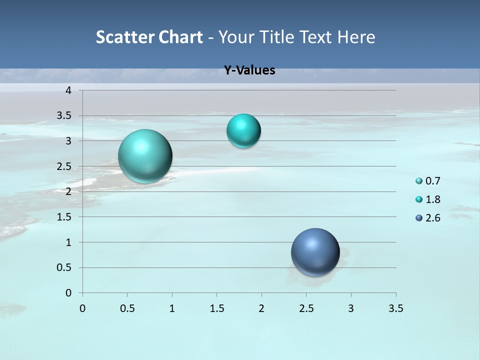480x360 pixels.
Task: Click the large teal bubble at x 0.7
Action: pyautogui.click(x=145, y=156)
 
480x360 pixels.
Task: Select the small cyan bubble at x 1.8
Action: pyautogui.click(x=243, y=131)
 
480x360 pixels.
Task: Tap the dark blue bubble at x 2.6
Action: pyautogui.click(x=315, y=252)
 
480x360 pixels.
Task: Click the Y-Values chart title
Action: pyautogui.click(x=249, y=70)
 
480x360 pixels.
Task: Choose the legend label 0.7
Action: pyautogui.click(x=433, y=181)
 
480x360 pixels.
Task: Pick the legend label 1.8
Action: pyautogui.click(x=433, y=199)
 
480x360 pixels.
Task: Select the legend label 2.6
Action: pyautogui.click(x=433, y=218)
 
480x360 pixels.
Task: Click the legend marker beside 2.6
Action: pyautogui.click(x=419, y=218)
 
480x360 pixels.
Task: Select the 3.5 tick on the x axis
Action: pyautogui.click(x=395, y=308)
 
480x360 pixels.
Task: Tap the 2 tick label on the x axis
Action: pyautogui.click(x=261, y=308)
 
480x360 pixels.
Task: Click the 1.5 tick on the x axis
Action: pyautogui.click(x=216, y=308)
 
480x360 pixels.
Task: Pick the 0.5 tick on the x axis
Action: pyautogui.click(x=127, y=308)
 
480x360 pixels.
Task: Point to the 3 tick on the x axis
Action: pyautogui.click(x=351, y=308)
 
